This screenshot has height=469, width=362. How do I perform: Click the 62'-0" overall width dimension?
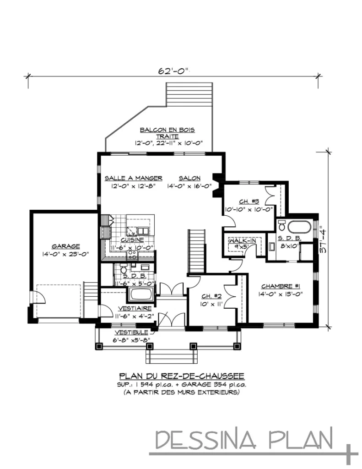coord(173,71)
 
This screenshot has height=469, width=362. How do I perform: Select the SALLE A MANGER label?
coord(127,178)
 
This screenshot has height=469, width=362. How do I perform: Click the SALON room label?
coord(188,178)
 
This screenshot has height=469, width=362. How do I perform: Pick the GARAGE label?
coord(65,246)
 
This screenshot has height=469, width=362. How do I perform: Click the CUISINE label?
coord(132,240)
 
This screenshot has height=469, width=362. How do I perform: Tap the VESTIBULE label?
coord(131,332)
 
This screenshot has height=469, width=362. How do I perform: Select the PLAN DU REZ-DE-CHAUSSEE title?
coord(180,376)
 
